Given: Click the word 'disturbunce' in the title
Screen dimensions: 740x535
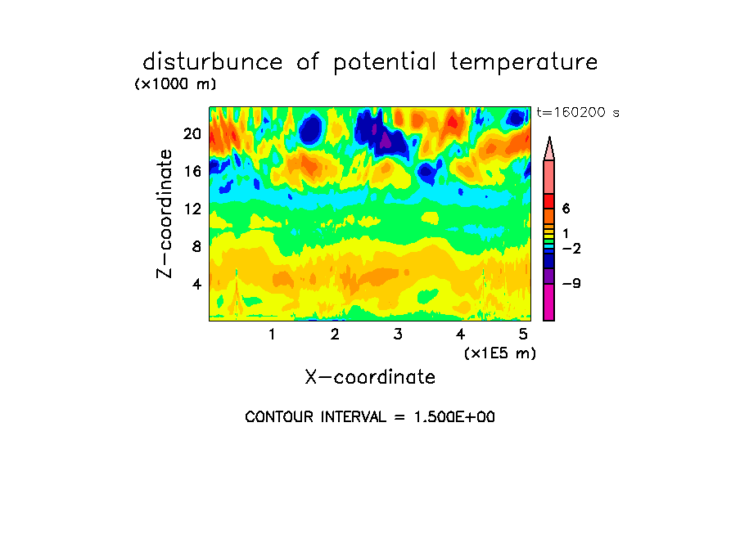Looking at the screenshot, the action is tap(212, 62).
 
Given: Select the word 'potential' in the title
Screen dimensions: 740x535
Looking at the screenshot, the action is tap(385, 63).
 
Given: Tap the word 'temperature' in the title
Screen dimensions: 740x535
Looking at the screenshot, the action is tap(524, 63).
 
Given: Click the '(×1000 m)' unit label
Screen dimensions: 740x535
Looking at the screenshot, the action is tap(175, 84).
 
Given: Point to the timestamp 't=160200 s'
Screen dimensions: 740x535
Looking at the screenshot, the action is tap(578, 112).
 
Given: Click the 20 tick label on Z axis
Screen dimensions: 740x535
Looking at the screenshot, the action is tap(192, 134).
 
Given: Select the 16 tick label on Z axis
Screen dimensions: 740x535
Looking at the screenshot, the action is tap(192, 171).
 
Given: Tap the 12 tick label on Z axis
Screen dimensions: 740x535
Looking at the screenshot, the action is tap(192, 209).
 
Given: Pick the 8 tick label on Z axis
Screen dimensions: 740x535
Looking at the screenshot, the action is tap(196, 246).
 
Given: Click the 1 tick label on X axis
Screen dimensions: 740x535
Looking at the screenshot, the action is tap(272, 334).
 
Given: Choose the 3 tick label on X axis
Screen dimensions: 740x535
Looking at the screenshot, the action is tap(398, 334).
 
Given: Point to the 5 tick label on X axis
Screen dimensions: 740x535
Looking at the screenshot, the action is tap(523, 334).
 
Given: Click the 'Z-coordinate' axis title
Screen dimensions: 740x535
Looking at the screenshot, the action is tap(165, 214).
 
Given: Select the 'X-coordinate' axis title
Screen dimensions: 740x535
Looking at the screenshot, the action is tap(370, 377).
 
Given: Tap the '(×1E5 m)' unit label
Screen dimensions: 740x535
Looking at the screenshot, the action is tap(500, 353).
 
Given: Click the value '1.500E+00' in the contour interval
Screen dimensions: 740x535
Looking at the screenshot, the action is tap(454, 417).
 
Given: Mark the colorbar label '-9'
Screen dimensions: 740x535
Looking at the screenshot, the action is tap(571, 284).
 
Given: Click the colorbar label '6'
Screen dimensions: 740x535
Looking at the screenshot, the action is tap(566, 209).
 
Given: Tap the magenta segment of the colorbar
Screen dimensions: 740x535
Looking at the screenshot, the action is tap(548, 303).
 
